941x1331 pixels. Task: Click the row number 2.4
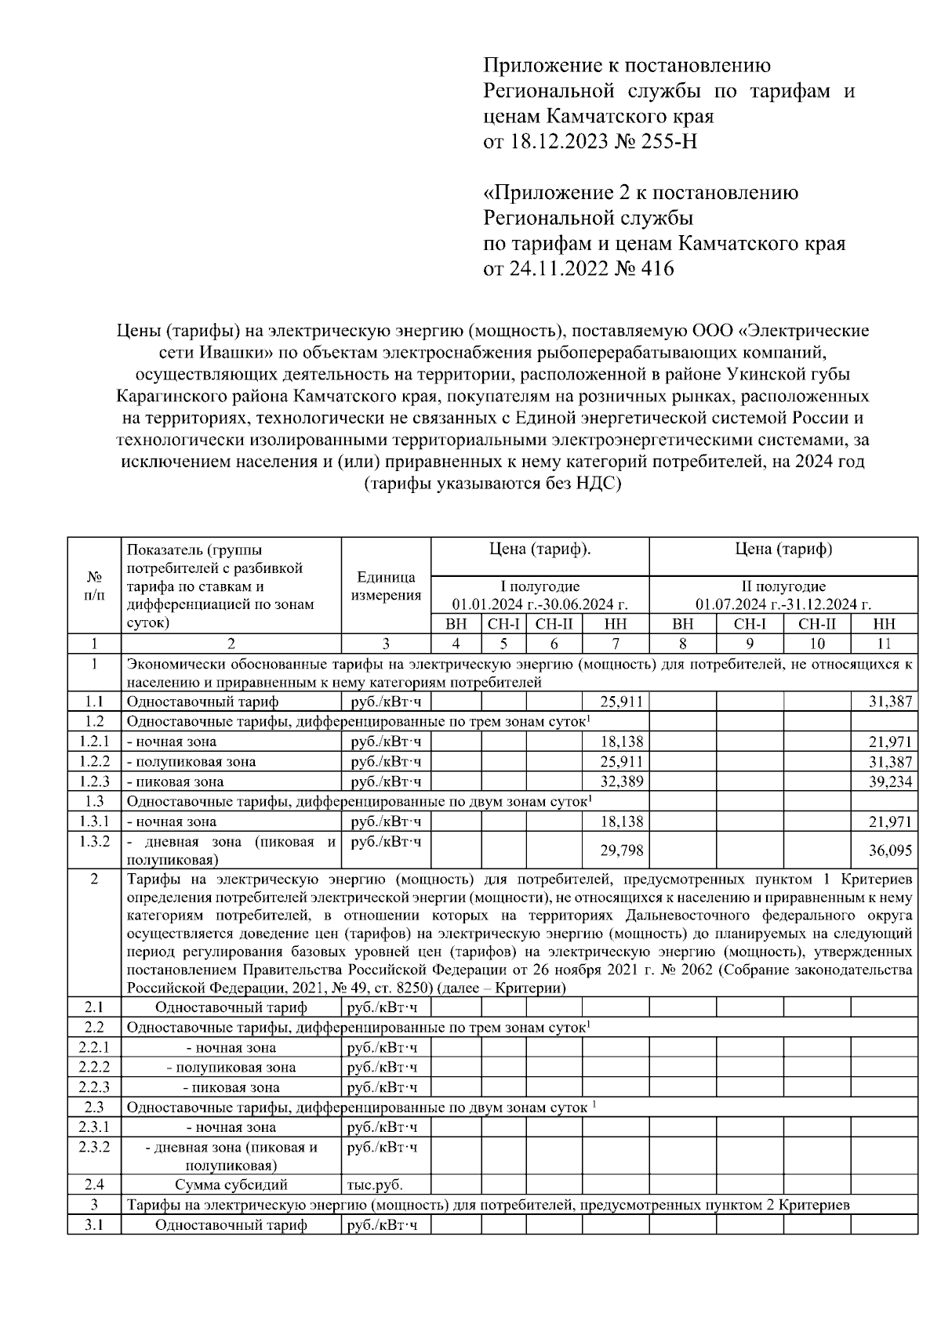tap(93, 1184)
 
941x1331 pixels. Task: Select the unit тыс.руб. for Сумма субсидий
tap(375, 1185)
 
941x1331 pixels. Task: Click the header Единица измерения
tap(386, 586)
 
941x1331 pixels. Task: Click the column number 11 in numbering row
tap(884, 644)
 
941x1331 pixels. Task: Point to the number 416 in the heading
tap(657, 269)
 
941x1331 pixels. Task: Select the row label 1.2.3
tap(93, 782)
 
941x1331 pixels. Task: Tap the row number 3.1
tap(93, 1224)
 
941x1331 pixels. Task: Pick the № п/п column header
tap(93, 586)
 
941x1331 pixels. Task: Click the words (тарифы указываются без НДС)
tap(492, 484)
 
